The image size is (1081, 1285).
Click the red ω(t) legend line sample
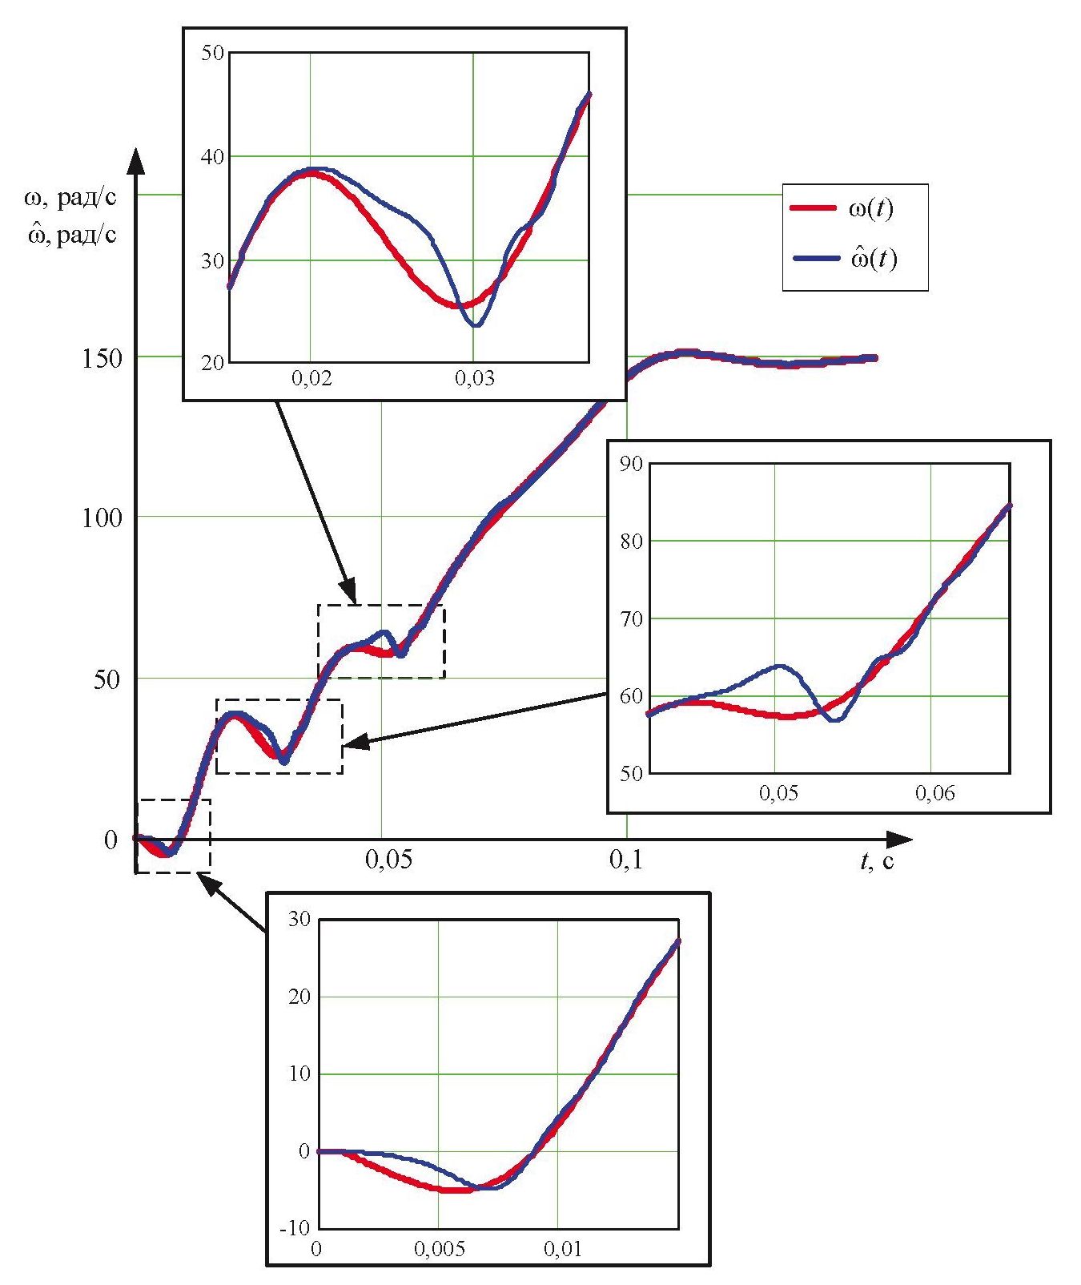[816, 208]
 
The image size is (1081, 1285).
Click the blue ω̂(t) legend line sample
[816, 258]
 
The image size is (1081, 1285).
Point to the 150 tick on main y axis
[102, 358]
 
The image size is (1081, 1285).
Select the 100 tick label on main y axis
[102, 518]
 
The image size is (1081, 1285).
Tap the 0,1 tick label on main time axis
[626, 860]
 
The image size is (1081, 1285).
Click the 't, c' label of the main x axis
[877, 861]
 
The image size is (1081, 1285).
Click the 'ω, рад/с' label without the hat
[71, 197]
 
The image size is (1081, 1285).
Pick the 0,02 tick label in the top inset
[311, 377]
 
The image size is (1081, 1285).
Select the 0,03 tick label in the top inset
[475, 377]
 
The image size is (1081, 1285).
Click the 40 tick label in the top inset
[213, 157]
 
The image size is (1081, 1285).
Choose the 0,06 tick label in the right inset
[935, 793]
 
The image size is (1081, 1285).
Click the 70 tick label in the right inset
[631, 618]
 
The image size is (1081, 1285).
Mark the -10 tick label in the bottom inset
[295, 1227]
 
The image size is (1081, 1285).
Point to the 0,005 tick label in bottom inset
[439, 1249]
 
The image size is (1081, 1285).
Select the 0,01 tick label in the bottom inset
[563, 1249]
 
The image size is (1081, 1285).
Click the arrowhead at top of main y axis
[137, 160]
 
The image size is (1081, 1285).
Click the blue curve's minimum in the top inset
[476, 325]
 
